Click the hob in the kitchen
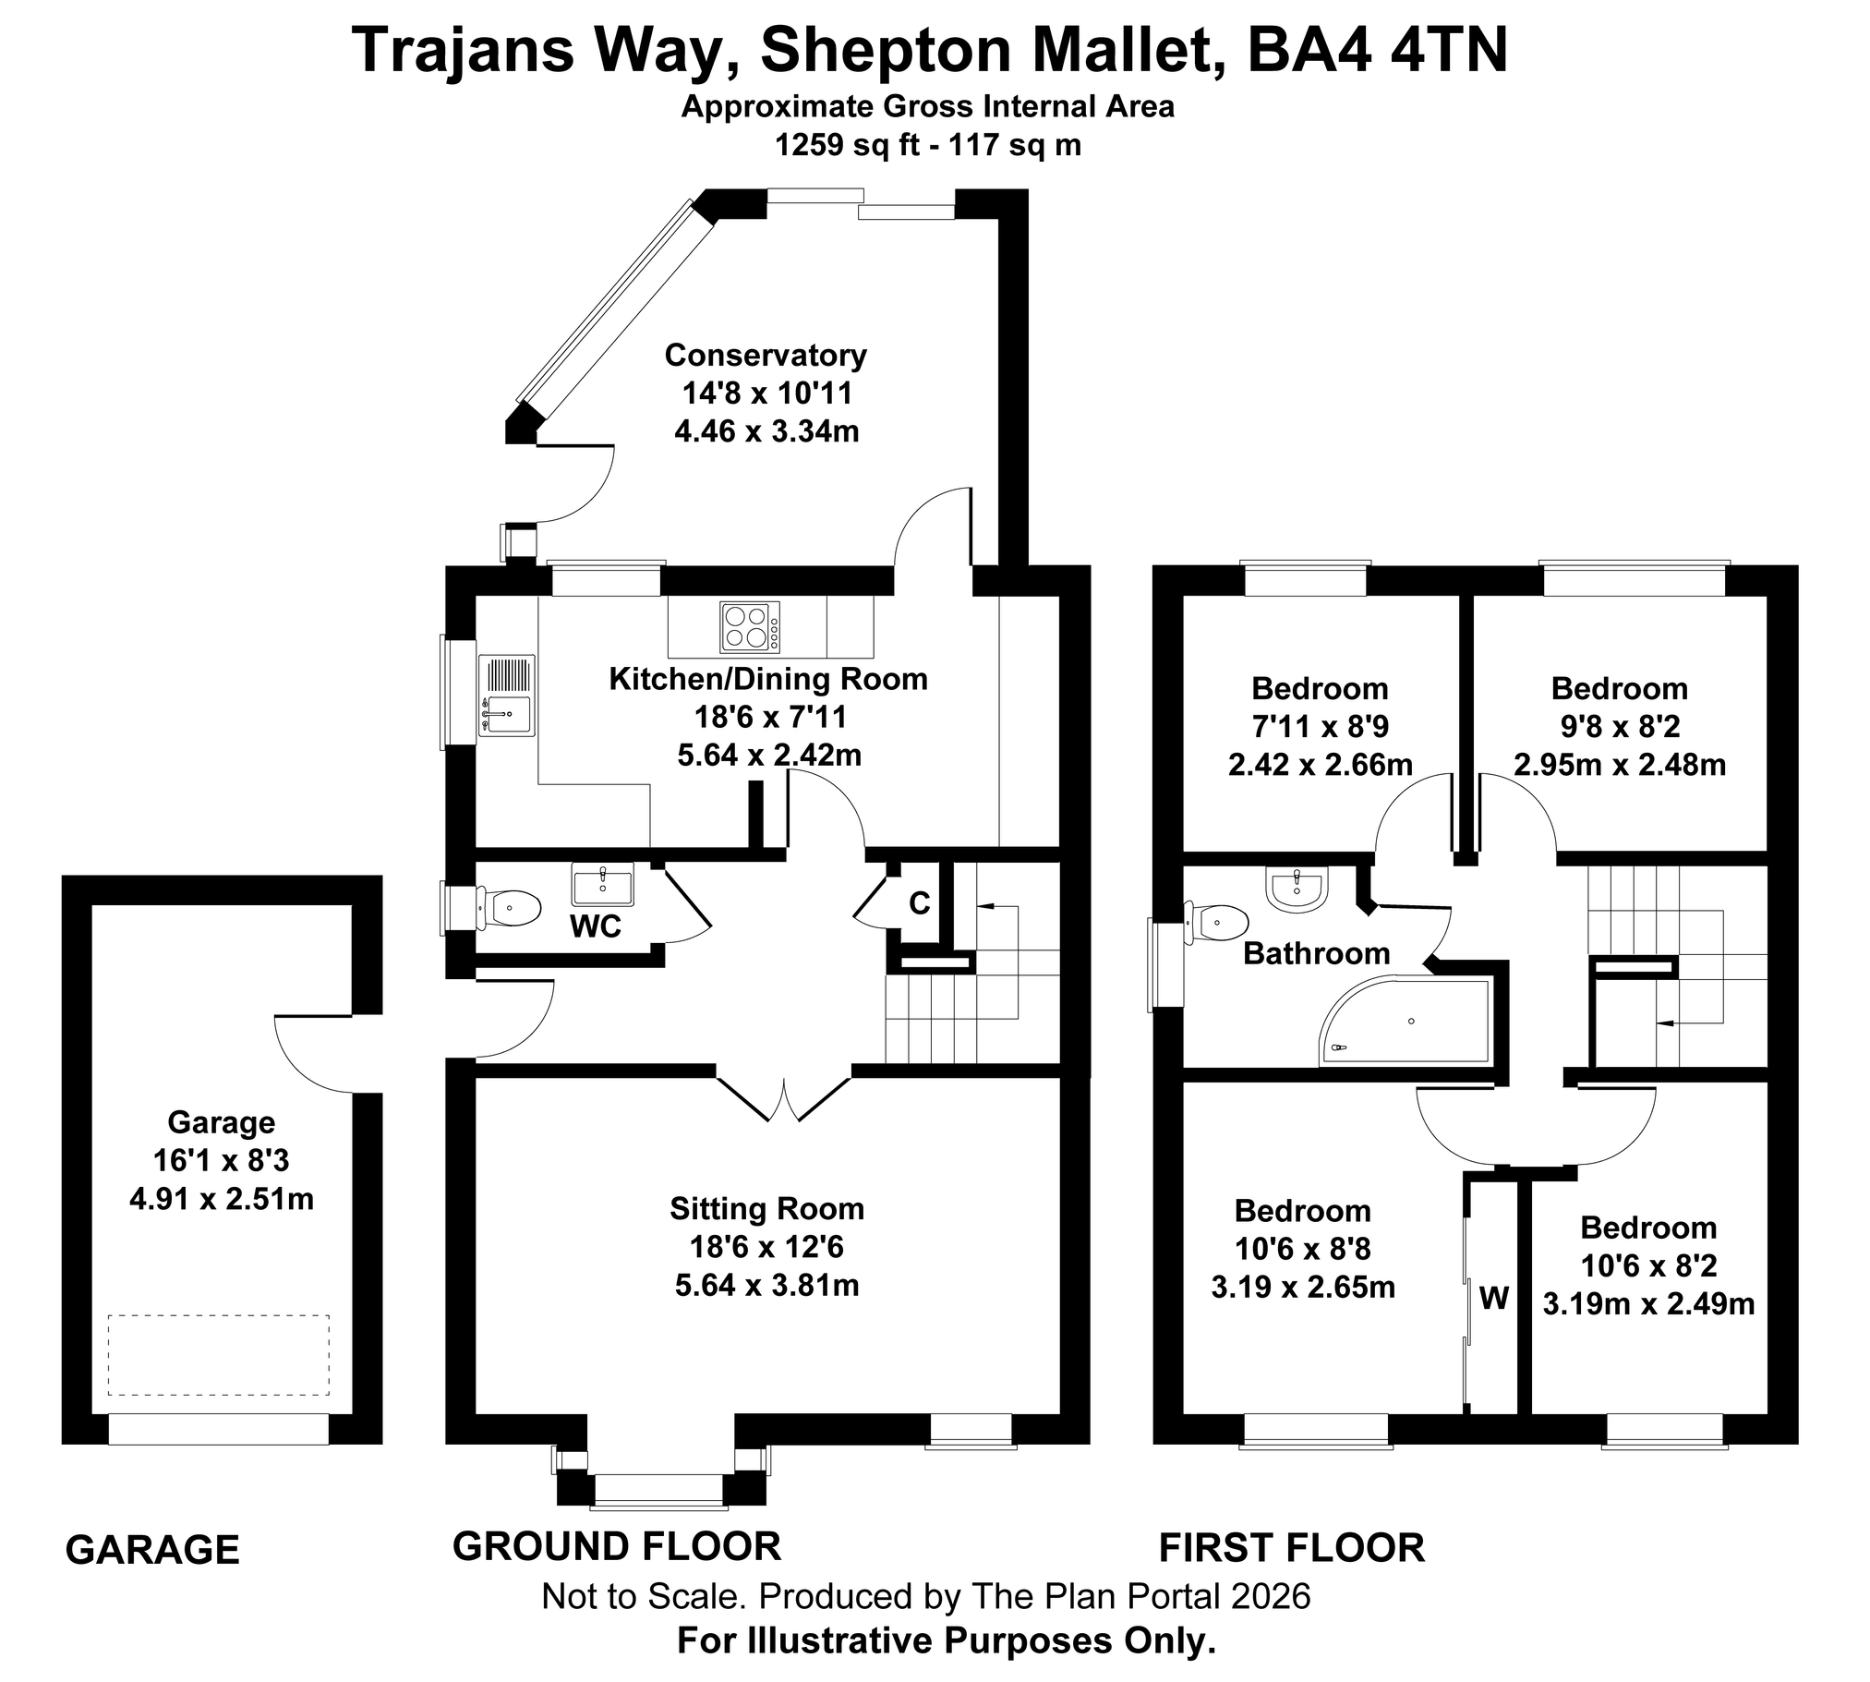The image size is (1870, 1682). (749, 626)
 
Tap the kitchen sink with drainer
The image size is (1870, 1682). (506, 695)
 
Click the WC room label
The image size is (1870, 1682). (596, 926)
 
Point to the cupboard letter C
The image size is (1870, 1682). (919, 903)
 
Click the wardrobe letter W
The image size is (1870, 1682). (1494, 1299)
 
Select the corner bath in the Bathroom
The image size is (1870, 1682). (1405, 1021)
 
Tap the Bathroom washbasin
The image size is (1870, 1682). (1298, 890)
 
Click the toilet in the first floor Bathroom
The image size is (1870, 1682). (1217, 923)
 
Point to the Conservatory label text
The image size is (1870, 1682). (766, 355)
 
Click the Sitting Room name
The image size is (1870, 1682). (766, 1209)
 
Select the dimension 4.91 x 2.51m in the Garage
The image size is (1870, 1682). (222, 1199)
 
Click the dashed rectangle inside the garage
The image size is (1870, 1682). (219, 1355)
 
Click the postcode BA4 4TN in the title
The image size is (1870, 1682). (1378, 50)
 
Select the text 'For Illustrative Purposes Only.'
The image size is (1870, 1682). (947, 1641)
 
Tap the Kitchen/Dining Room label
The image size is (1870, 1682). (768, 679)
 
